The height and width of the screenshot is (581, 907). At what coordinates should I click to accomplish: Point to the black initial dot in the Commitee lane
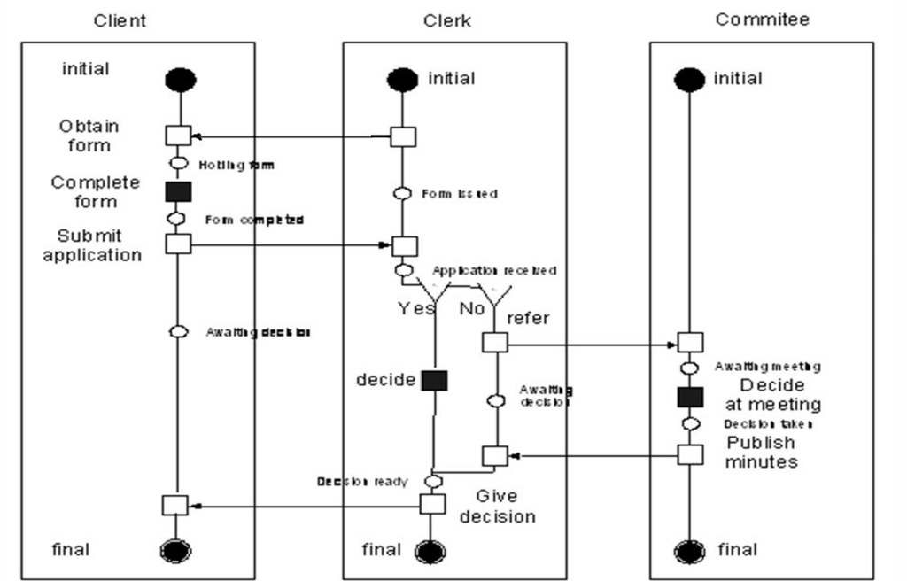click(689, 80)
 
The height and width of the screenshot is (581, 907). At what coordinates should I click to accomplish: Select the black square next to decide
click(434, 381)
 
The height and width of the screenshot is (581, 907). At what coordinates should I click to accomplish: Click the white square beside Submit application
click(178, 244)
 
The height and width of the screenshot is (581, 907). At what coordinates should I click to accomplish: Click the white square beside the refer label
click(494, 343)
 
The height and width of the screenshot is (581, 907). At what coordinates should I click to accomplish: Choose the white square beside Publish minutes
click(690, 454)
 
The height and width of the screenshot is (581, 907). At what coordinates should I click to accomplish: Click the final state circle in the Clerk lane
click(431, 551)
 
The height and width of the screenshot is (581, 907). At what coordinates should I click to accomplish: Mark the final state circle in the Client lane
click(174, 551)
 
